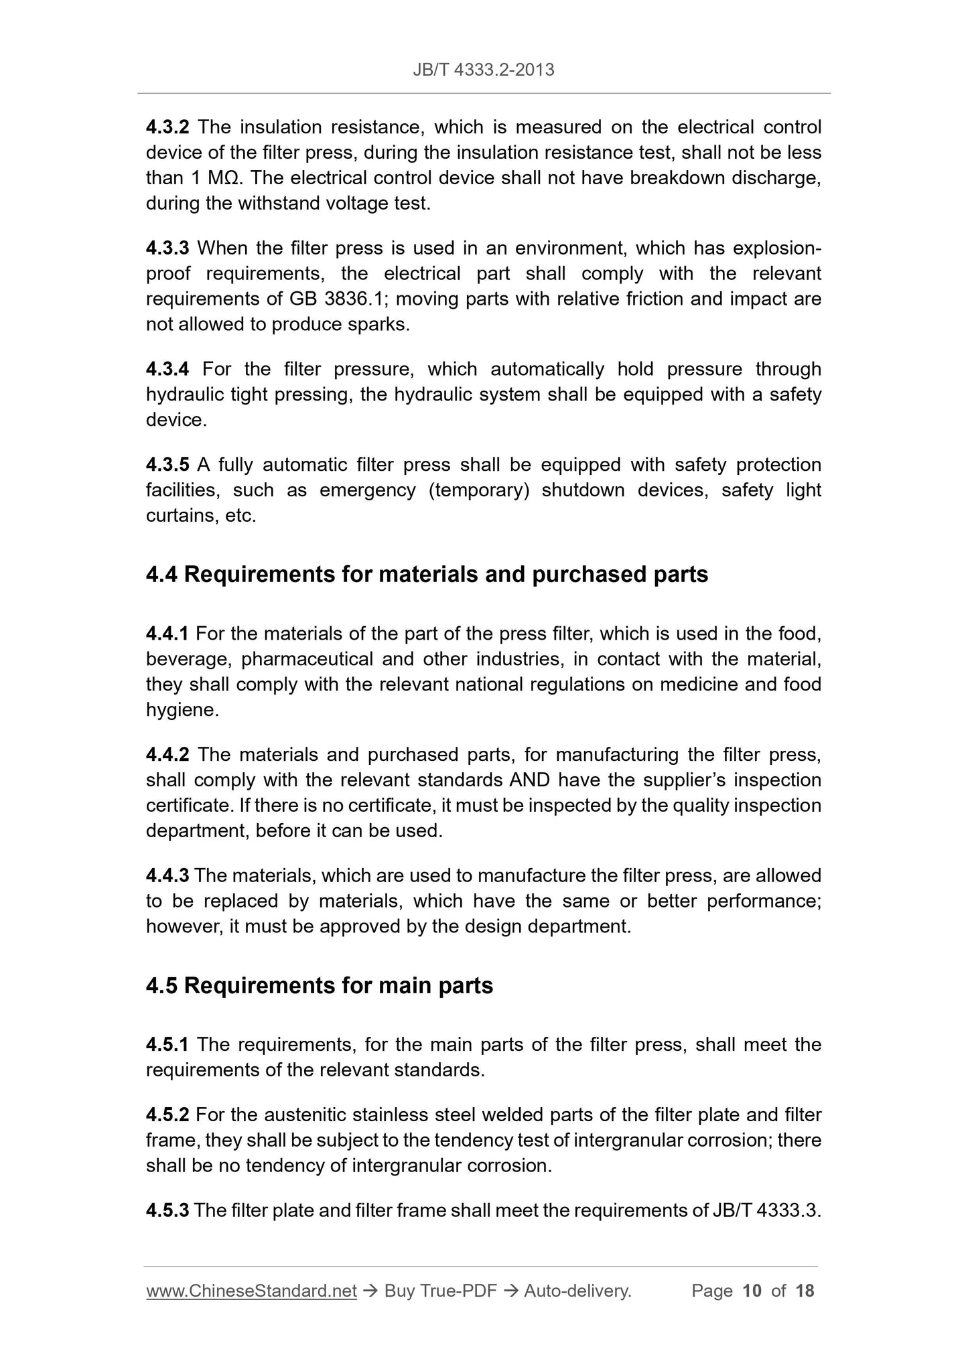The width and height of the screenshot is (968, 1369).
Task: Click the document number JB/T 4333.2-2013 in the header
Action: pos(483,70)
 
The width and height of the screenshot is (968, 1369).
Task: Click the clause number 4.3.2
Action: pos(167,127)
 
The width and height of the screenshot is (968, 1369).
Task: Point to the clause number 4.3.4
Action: pos(167,369)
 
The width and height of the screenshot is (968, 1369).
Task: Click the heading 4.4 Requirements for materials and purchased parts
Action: pos(427,575)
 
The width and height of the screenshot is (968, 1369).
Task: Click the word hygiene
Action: pos(182,710)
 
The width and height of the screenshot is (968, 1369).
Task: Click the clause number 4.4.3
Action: pos(167,875)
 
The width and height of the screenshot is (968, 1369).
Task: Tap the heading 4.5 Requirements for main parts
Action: pos(319,986)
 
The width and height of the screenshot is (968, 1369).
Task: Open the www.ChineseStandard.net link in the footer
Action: pos(251,1291)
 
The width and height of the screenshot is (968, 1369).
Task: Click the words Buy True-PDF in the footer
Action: pos(440,1291)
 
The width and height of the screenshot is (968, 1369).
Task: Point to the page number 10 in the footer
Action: pos(752,1291)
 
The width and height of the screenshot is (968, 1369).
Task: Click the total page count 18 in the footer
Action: pos(805,1291)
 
